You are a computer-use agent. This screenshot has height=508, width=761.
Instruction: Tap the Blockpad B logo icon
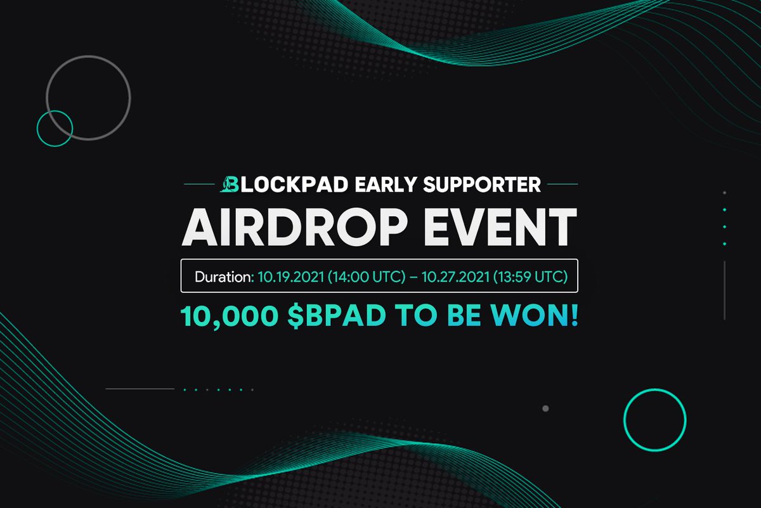pos(228,185)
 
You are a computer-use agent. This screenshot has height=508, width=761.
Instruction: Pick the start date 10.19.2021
pos(283,277)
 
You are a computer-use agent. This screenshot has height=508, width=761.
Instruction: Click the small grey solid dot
pos(545,408)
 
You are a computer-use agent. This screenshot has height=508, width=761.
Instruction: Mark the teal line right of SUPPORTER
pos(562,185)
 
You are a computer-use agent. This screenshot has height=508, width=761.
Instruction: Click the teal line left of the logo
pos(199,185)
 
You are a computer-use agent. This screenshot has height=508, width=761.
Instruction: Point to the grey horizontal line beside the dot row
pos(140,389)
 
